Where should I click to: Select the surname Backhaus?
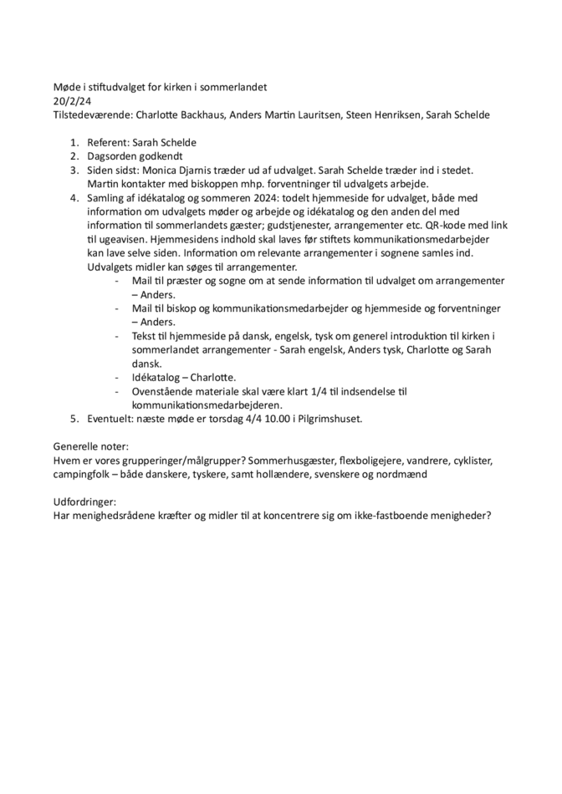coord(202,115)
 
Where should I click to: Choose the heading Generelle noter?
coord(90,447)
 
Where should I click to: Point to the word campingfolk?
coord(86,474)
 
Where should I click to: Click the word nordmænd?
coord(400,474)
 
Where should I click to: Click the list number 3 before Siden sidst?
coord(74,170)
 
